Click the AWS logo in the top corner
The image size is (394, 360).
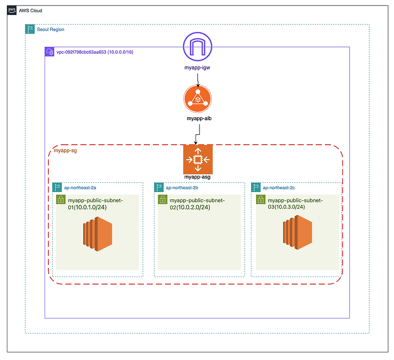[x=12, y=10]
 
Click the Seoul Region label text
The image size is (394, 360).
[x=50, y=30]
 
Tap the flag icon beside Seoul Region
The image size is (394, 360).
[x=30, y=30]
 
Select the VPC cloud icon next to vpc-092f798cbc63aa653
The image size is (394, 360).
[x=49, y=52]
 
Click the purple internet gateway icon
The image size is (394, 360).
[x=197, y=47]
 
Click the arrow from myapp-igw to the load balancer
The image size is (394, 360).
[x=198, y=79]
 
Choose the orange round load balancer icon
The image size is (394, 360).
[x=197, y=99]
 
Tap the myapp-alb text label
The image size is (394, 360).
[x=198, y=119]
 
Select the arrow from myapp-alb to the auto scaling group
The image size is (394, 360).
[x=198, y=133]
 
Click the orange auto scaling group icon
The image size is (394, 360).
[x=197, y=159]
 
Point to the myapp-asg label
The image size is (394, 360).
[x=197, y=177]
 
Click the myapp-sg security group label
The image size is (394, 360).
[x=65, y=151]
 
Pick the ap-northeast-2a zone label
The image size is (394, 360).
[x=80, y=188]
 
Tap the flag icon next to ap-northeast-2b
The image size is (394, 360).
[x=159, y=188]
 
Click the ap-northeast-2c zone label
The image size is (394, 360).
[x=279, y=188]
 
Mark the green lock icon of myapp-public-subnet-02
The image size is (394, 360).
[x=162, y=199]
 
